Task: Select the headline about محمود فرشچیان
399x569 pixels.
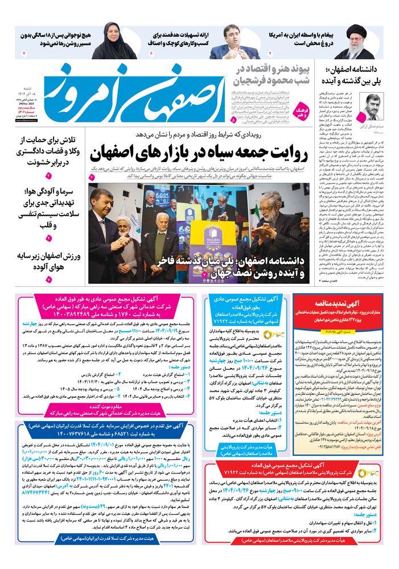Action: click(268, 75)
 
